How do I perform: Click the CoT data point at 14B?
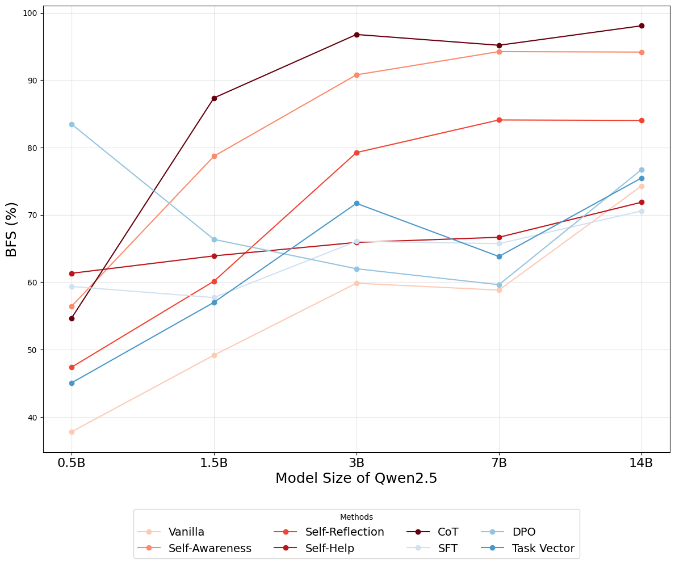coord(642,26)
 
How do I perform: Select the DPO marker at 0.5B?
coord(72,124)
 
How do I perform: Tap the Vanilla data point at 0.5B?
coord(72,432)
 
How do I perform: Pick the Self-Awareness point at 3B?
coord(357,75)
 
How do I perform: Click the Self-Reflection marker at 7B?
coord(499,120)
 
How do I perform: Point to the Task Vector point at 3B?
coord(357,203)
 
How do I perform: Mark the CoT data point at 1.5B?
coord(214,98)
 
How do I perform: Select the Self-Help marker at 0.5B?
coord(72,273)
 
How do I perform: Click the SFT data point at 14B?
coord(642,211)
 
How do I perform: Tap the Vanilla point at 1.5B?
coord(214,355)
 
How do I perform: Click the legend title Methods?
coord(357,517)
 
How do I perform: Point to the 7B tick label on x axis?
coord(499,463)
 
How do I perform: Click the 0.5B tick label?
coord(72,463)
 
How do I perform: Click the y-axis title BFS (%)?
coord(12,229)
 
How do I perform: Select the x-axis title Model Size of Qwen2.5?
coord(357,478)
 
